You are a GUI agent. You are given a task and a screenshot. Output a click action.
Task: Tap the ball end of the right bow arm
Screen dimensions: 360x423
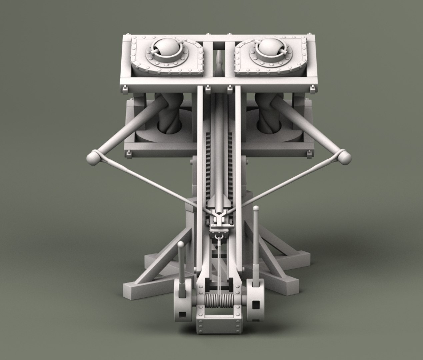pyautogui.click(x=343, y=157)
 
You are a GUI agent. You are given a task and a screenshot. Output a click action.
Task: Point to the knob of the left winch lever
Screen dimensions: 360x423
pyautogui.click(x=180, y=246)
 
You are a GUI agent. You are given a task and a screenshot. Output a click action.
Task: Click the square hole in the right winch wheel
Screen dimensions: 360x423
pyautogui.click(x=256, y=305)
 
